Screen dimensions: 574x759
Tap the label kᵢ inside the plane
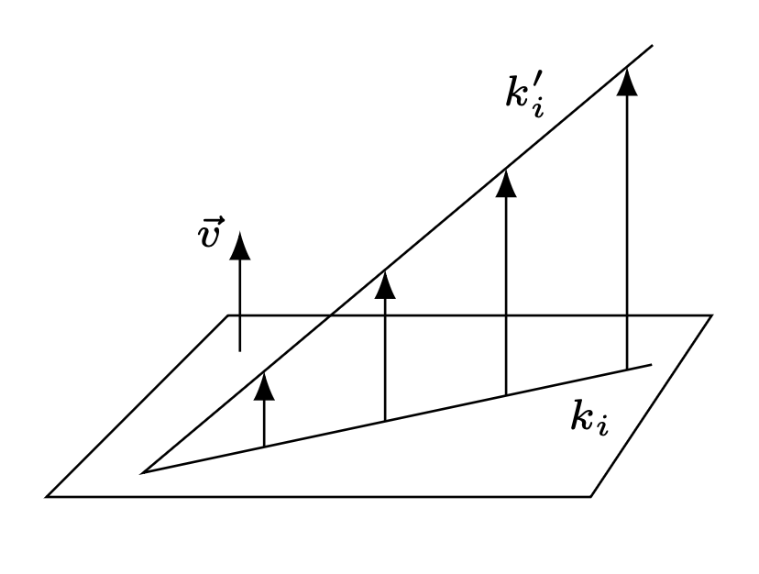(x=588, y=418)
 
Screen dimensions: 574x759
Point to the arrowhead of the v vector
(x=240, y=245)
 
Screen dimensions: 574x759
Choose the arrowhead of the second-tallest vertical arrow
(x=506, y=182)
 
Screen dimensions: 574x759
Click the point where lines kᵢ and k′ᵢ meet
(x=142, y=472)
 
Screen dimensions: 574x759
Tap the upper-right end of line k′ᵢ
(x=652, y=45)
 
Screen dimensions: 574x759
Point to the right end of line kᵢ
(x=651, y=364)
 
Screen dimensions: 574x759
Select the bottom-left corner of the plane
(x=47, y=496)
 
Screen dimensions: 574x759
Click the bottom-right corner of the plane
(x=591, y=496)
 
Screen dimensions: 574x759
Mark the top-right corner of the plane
(x=711, y=315)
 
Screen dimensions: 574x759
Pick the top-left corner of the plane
(x=228, y=315)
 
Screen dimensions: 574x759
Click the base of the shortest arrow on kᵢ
(x=264, y=447)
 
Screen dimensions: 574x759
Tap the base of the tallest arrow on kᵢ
(x=627, y=370)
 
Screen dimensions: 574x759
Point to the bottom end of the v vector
(x=240, y=350)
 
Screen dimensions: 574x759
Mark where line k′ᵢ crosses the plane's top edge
(x=327, y=315)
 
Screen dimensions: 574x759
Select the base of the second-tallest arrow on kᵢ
(x=506, y=395)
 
